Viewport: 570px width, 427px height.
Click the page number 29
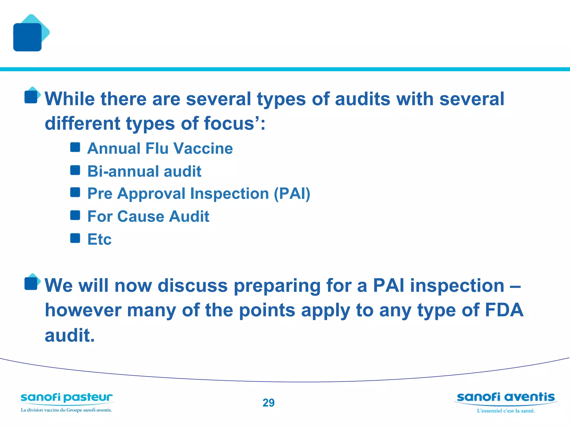tap(268, 403)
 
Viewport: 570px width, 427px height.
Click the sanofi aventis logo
tap(505, 397)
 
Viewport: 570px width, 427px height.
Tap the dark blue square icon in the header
tap(27, 37)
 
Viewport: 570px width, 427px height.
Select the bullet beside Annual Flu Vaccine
tap(75, 147)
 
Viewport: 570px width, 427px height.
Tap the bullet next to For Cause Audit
tap(75, 215)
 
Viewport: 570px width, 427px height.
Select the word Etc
tap(99, 239)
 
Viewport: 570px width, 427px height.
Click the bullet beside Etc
tap(75, 238)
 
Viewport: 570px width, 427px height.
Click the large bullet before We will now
tap(31, 283)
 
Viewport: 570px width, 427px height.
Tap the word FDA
tap(504, 310)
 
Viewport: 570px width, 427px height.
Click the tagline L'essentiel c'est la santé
tap(506, 411)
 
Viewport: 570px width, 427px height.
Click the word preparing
tap(277, 286)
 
